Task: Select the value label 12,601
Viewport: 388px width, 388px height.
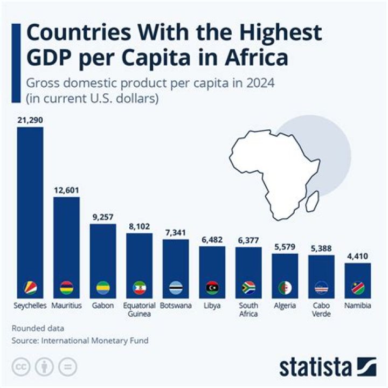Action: click(66, 190)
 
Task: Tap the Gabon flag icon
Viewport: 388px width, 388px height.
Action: click(102, 288)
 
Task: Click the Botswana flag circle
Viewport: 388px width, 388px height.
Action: click(176, 288)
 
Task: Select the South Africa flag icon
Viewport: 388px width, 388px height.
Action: click(248, 288)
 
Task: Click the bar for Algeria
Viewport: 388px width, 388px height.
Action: click(285, 269)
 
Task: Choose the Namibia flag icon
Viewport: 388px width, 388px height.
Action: click(358, 288)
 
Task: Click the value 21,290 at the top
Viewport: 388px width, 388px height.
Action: click(30, 121)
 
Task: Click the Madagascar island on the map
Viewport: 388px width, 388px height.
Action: click(310, 204)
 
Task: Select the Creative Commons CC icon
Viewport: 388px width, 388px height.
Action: click(22, 366)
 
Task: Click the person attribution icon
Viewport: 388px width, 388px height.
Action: click(45, 366)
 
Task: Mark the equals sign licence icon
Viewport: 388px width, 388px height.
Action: click(67, 366)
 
